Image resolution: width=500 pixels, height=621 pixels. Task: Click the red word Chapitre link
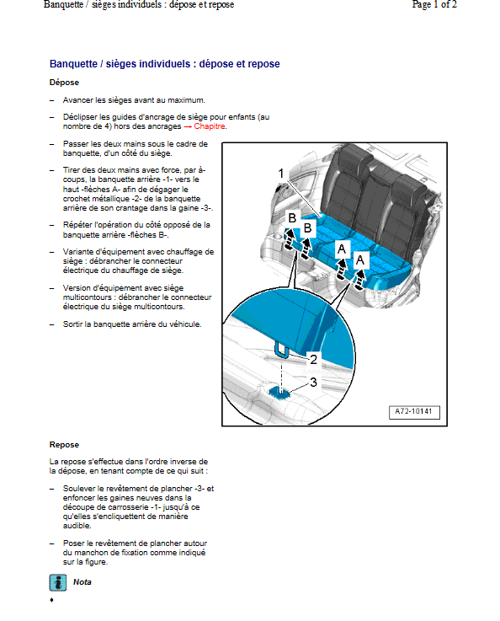[210, 126]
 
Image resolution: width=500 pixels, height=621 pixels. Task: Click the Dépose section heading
[64, 83]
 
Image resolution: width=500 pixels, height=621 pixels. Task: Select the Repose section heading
[64, 445]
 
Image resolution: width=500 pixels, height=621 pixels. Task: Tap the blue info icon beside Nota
[58, 582]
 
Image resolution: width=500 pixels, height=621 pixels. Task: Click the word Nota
[82, 582]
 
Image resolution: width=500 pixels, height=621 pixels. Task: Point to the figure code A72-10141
[414, 411]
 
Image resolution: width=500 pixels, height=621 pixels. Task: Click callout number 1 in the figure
[281, 174]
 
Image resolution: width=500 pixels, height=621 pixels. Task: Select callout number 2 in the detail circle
[313, 360]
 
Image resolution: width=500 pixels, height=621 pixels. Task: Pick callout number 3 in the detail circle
[313, 383]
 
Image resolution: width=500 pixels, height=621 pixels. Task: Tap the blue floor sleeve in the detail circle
[279, 393]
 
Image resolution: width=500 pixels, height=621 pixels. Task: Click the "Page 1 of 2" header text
[434, 5]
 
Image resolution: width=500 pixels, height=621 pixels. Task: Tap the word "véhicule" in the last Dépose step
[185, 324]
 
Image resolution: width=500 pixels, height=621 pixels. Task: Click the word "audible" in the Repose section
[77, 526]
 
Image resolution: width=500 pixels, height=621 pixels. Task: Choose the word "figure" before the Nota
[96, 562]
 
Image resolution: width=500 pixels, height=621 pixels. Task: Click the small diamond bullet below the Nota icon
[52, 600]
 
